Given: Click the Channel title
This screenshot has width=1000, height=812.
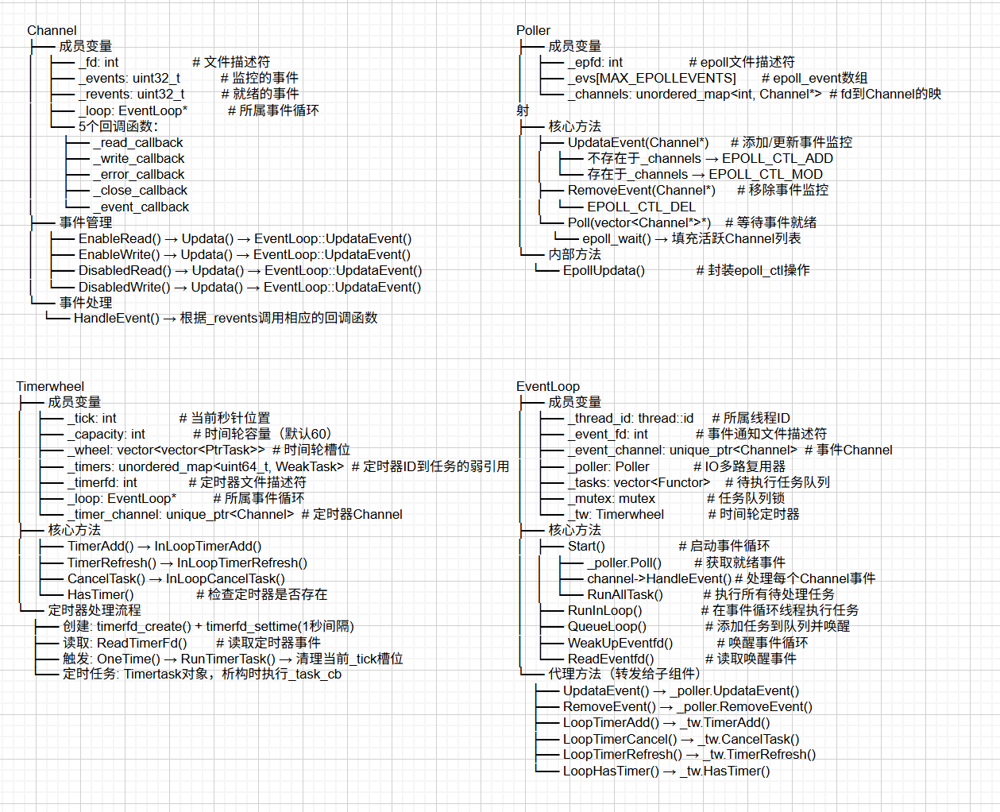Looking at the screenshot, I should point(52,30).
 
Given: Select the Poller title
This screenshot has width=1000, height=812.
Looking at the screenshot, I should point(533,30).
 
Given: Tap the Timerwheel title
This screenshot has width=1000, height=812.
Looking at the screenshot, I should point(50,386).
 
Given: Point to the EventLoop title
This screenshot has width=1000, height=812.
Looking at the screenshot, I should point(548,386).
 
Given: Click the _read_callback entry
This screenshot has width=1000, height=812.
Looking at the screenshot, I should point(137,142).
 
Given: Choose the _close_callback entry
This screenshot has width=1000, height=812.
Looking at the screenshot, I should point(140,190).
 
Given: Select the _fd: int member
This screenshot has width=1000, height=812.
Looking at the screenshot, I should point(98,62).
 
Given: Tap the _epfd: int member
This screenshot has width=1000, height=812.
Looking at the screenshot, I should point(595,62).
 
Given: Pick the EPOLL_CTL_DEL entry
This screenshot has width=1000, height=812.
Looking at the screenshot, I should point(641,207).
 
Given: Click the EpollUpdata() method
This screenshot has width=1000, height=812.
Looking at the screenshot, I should point(604,270).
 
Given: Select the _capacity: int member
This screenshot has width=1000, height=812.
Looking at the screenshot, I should point(106,434).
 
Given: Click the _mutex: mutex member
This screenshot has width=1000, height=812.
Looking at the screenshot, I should point(612,498).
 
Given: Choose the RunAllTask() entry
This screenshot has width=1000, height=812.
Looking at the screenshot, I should point(625,594).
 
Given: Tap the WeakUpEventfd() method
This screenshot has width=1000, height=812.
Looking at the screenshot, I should point(620,643).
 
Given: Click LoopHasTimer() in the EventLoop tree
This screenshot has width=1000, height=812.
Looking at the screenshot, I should point(611,771).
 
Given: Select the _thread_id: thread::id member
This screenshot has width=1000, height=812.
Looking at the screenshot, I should point(631,418).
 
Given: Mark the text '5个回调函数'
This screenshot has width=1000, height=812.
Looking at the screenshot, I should point(118,126).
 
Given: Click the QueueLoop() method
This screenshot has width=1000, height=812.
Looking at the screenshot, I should point(607,626).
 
